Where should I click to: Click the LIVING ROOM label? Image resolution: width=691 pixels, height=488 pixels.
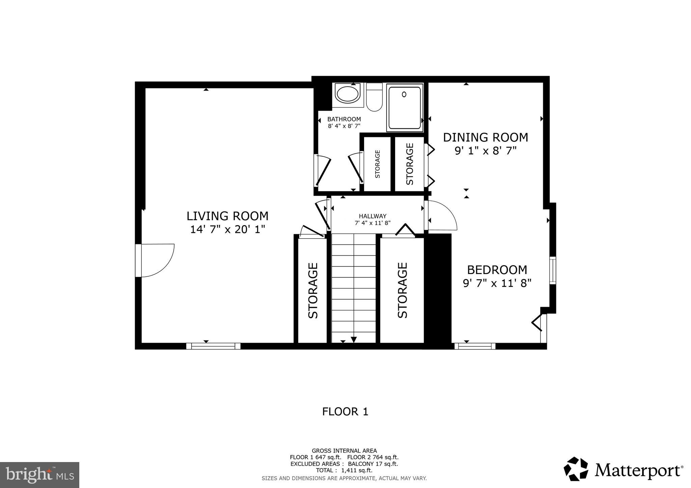(x=227, y=216)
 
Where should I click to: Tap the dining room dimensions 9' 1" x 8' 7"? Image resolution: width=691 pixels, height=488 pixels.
(x=486, y=151)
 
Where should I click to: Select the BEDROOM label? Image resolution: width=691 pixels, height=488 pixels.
(x=497, y=270)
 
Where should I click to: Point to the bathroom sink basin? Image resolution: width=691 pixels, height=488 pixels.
(x=348, y=94)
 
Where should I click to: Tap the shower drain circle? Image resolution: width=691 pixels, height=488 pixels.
(x=404, y=95)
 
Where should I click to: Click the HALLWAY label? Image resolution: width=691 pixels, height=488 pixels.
(x=372, y=216)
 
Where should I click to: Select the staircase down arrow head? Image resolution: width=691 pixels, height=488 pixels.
(x=354, y=340)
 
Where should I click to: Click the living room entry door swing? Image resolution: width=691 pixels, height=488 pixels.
(x=157, y=260)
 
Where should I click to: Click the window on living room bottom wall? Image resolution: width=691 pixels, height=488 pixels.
(x=213, y=346)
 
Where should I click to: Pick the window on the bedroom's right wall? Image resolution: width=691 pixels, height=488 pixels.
(x=552, y=270)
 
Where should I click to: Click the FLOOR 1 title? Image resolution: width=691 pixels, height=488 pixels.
(x=345, y=411)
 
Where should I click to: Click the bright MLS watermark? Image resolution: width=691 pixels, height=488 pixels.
(x=39, y=475)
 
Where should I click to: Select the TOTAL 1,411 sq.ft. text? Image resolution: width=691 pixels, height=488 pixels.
(x=344, y=470)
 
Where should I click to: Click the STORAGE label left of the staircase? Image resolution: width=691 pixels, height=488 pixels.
(x=313, y=290)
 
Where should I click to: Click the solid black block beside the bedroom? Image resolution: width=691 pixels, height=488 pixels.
(x=438, y=290)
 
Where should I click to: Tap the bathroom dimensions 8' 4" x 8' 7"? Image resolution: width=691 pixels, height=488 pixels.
(x=344, y=126)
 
